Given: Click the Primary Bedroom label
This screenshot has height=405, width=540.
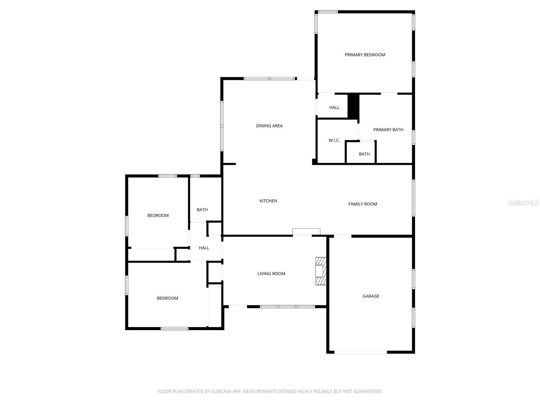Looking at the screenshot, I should (365, 55).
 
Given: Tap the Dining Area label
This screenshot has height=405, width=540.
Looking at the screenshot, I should (269, 126).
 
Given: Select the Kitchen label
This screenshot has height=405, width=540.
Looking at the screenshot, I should (268, 201).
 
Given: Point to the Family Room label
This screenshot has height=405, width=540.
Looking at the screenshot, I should (363, 204).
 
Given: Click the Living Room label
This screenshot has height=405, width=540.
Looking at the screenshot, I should (271, 274).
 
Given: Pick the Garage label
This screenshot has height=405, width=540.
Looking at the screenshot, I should (371, 296).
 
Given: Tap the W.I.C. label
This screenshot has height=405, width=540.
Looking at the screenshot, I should (334, 140).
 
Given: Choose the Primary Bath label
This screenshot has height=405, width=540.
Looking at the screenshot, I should (388, 130).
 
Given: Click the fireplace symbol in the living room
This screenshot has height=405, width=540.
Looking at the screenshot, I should (321, 271).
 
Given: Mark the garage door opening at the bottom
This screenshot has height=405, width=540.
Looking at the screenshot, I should (360, 352).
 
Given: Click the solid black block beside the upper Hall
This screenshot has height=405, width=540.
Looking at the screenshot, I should (353, 106).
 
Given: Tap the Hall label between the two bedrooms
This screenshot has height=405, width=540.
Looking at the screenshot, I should (204, 248).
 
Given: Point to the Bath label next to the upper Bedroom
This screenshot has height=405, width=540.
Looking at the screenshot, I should (202, 210).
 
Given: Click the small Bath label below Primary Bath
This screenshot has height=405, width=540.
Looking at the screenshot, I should (364, 154).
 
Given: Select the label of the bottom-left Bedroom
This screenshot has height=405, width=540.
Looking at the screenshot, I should (167, 298).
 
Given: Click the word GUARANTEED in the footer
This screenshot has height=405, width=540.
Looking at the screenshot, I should (369, 391).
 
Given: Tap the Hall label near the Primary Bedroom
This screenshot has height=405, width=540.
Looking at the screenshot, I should (334, 107).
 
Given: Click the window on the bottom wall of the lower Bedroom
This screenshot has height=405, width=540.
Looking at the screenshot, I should (174, 328).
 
